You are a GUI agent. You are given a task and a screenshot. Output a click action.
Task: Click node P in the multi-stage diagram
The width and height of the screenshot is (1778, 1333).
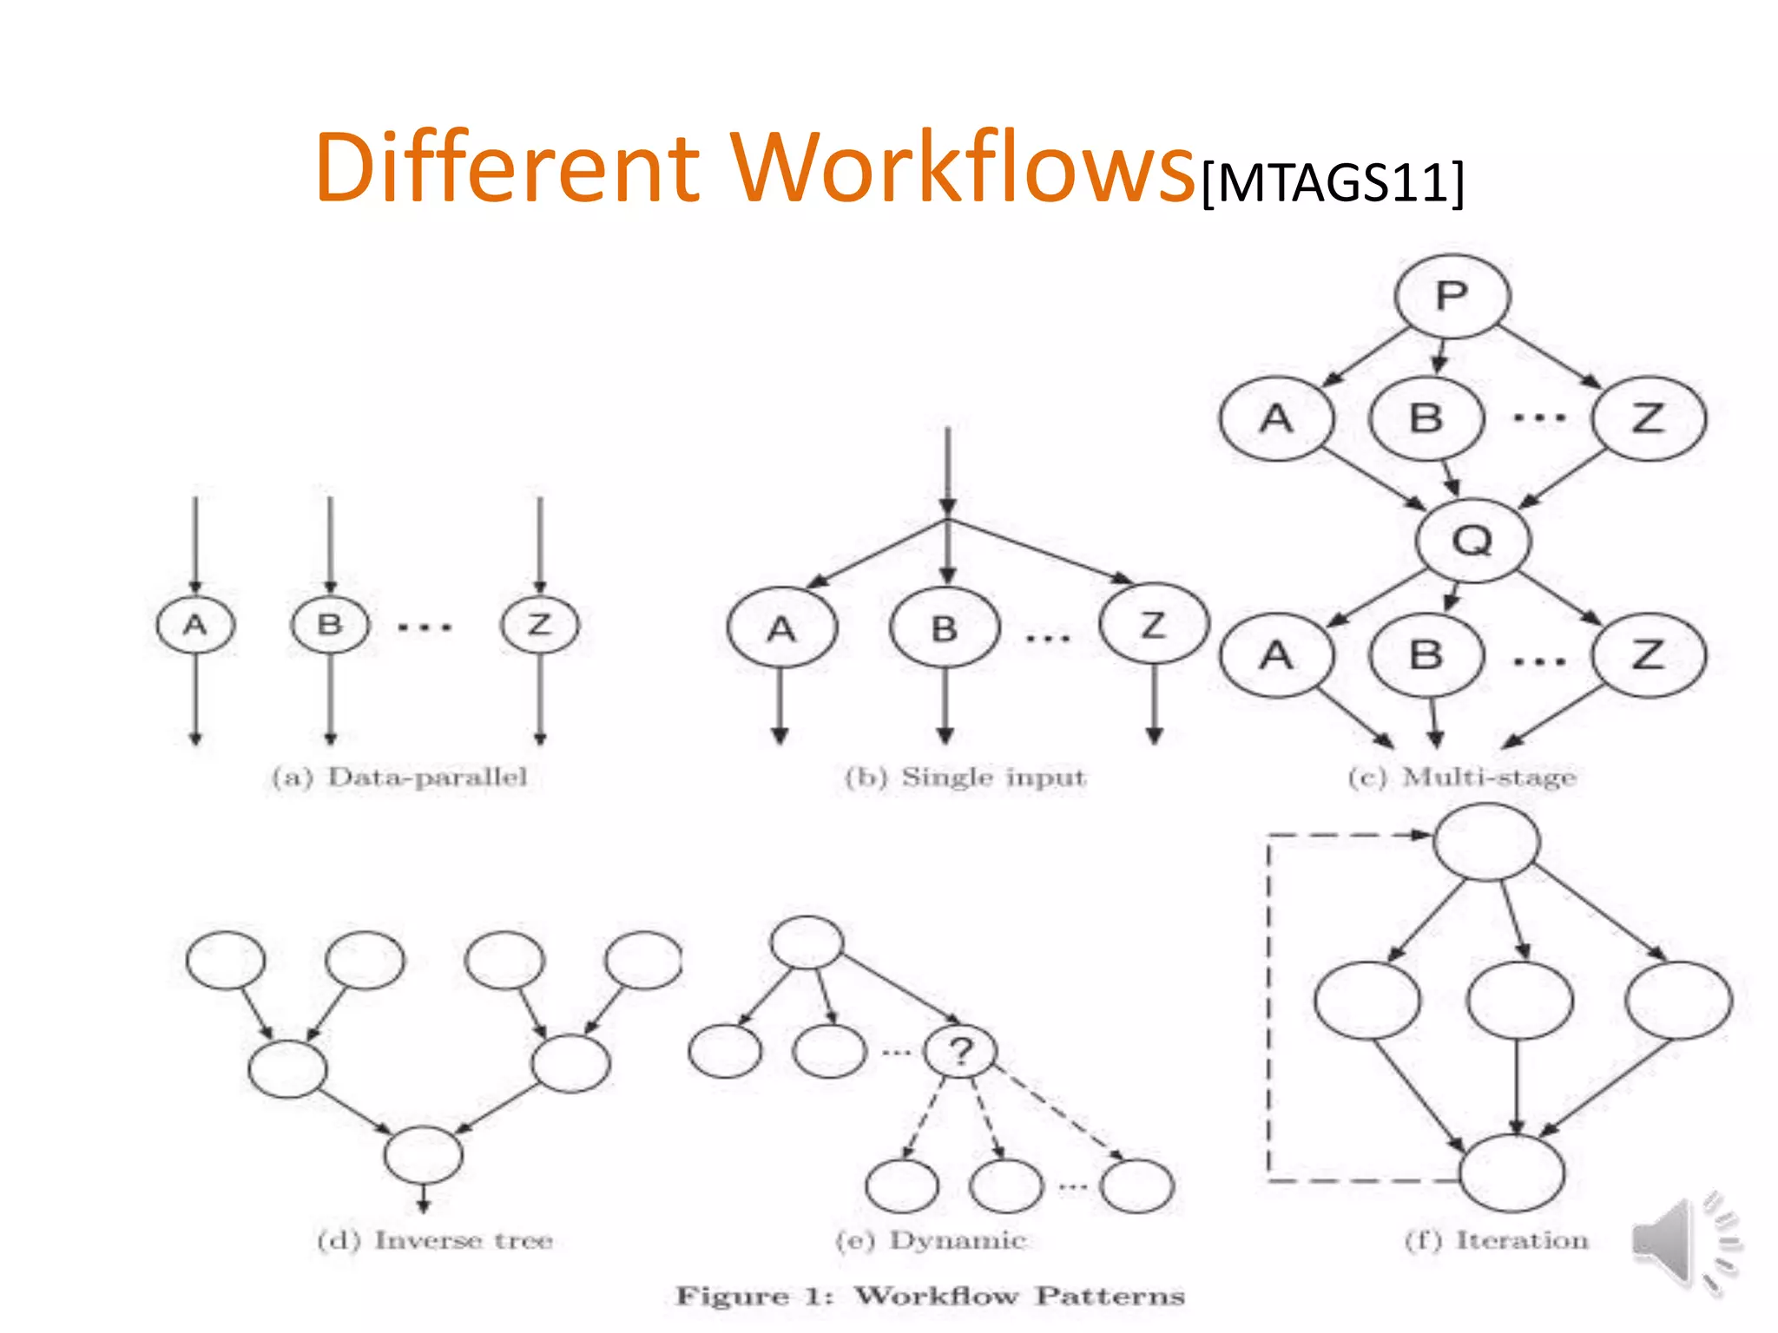(1452, 296)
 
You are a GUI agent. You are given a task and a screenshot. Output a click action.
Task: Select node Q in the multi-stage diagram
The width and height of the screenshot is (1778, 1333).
(1472, 540)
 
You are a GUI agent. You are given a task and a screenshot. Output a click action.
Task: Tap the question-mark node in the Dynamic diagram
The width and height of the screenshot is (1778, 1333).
(960, 1052)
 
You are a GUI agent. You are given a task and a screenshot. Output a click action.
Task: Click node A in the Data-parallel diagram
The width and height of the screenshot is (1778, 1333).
(195, 625)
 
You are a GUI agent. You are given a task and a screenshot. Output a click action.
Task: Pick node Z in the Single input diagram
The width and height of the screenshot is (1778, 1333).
(1154, 624)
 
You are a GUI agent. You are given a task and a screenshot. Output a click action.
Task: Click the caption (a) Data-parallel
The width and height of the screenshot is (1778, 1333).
(399, 777)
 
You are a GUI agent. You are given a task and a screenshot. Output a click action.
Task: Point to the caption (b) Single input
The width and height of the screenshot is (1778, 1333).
(965, 777)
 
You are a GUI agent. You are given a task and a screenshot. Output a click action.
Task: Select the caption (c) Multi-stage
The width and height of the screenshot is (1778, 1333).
(1462, 777)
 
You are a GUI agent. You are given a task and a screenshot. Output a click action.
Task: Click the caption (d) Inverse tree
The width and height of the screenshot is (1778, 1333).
(435, 1240)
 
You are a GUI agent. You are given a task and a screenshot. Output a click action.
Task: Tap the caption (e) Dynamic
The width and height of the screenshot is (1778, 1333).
(931, 1240)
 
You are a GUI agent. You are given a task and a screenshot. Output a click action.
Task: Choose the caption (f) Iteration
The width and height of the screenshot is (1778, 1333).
(1497, 1240)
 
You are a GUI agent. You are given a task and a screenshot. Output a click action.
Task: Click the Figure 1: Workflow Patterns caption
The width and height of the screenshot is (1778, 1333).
(931, 1296)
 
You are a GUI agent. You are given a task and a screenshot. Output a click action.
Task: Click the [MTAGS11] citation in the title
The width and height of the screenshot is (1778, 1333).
(1333, 182)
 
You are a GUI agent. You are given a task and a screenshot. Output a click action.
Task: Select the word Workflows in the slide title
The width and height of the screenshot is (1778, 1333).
(962, 167)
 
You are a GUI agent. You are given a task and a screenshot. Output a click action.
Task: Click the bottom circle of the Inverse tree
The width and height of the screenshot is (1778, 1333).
(424, 1154)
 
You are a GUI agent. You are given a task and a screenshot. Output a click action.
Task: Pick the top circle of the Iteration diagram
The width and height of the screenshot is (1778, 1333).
(1487, 842)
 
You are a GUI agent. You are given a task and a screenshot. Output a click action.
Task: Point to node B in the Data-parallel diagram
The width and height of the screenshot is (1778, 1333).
(330, 625)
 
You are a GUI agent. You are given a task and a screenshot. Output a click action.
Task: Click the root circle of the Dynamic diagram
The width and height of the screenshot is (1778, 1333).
(807, 942)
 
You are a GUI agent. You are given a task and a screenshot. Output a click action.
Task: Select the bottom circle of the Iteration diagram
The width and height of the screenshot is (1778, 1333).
(1512, 1173)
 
